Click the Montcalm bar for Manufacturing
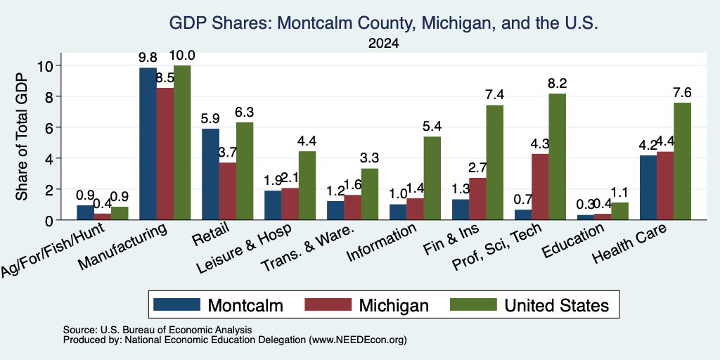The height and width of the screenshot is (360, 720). tap(148, 143)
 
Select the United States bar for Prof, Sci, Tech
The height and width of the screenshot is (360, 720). tap(557, 157)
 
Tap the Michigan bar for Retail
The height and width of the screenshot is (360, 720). tap(227, 191)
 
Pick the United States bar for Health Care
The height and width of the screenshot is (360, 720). tap(682, 161)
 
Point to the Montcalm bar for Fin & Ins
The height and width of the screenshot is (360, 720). tap(461, 210)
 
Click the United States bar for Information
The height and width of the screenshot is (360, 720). tap(432, 178)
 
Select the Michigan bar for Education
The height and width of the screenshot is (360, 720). tap(602, 217)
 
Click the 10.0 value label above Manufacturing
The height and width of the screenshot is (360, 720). tap(182, 56)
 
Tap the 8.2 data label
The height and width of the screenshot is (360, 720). tap(557, 84)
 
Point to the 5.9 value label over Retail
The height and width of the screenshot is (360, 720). tap(210, 118)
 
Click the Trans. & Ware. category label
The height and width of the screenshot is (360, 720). tap(308, 248)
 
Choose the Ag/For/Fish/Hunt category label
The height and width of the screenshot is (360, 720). tap(53, 250)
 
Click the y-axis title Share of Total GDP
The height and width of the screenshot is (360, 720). tap(22, 136)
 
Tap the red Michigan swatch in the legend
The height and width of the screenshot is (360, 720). tap(328, 304)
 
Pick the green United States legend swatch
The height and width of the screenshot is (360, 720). tap(473, 304)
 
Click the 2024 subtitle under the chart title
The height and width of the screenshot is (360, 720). tap(383, 44)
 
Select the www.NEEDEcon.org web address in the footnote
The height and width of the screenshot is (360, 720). tap(358, 340)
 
